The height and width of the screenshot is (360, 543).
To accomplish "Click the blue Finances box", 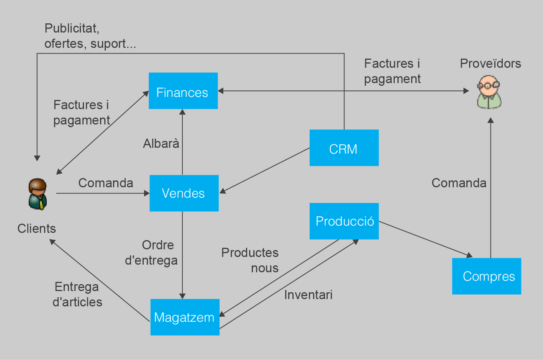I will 183,91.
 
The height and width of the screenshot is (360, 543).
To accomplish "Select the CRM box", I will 344,148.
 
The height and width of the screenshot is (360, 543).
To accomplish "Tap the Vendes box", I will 184,193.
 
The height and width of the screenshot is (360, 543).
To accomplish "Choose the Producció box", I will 344,221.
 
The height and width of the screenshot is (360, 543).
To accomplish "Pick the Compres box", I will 486,276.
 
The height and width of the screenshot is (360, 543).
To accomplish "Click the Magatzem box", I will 185,317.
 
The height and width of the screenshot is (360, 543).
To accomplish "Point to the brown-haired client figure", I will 38,194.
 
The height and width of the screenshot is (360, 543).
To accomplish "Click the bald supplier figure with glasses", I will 489,92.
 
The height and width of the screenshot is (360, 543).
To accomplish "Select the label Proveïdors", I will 490,63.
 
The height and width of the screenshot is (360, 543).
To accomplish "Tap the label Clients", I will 37,229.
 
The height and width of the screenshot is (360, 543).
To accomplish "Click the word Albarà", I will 161,144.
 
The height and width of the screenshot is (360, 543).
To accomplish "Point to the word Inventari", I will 308,295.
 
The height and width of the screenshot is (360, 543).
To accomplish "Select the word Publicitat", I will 72,28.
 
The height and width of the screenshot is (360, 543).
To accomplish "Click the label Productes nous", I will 250,260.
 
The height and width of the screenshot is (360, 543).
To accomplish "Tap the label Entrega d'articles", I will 77,295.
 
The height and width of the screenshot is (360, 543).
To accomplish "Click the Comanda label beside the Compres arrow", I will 459,183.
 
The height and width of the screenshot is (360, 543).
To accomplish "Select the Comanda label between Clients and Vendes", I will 106,183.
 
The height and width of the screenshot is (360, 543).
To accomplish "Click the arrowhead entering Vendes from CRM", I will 223,191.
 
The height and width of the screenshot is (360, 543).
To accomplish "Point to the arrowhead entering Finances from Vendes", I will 182,112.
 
